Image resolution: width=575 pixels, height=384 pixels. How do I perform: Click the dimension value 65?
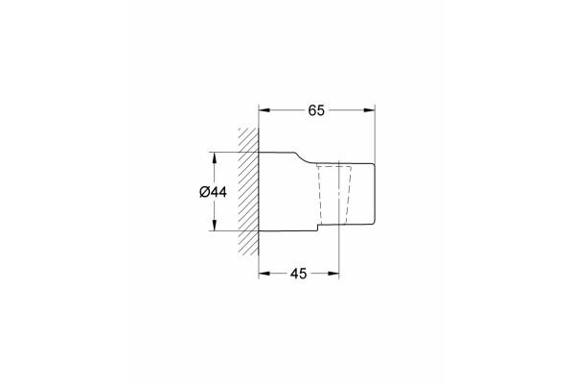point(316,110)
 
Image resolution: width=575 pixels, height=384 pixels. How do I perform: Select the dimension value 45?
point(298,274)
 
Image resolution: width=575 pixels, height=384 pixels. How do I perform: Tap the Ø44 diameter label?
point(213,192)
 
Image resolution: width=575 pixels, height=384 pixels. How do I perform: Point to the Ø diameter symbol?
point(204,192)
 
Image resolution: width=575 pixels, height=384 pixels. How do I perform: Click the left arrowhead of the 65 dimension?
point(264,110)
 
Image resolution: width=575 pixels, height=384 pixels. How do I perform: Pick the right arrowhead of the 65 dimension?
point(369,110)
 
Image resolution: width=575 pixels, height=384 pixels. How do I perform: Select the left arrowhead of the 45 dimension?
point(264,274)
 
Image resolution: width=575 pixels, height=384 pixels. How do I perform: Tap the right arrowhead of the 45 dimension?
point(333,274)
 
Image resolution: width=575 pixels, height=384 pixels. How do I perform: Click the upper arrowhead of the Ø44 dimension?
point(215,158)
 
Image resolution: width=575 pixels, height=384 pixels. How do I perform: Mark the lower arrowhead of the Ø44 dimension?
point(215,225)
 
